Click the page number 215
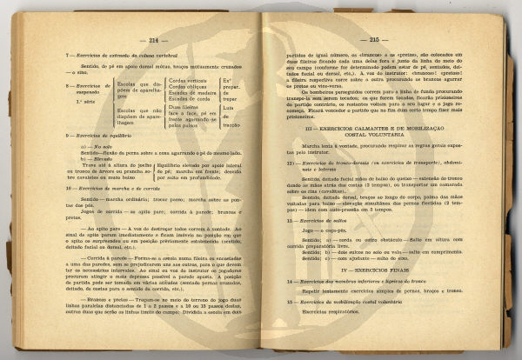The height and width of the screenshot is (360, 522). click(x=375, y=40)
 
